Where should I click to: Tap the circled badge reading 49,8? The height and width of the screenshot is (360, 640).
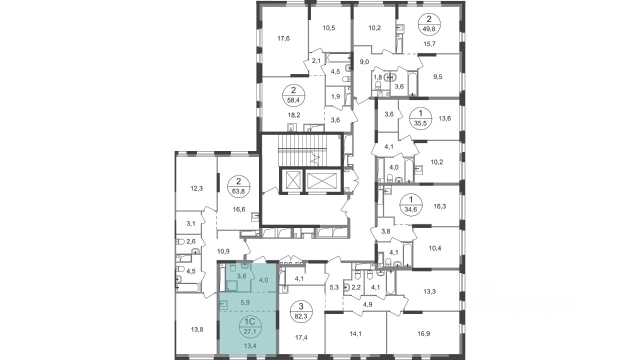(x=429, y=24)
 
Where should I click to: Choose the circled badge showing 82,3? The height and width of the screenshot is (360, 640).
(x=301, y=312)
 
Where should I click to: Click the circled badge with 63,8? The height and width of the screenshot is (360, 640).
(x=238, y=186)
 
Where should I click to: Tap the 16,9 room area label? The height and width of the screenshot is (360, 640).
(x=423, y=333)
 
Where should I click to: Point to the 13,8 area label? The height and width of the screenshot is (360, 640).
(x=197, y=329)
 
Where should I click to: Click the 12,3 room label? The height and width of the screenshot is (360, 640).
(x=196, y=188)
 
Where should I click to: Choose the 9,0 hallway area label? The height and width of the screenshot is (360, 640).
(x=364, y=62)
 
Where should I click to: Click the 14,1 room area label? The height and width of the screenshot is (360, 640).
(x=355, y=333)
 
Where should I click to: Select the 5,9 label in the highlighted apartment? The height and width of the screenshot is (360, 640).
(x=245, y=302)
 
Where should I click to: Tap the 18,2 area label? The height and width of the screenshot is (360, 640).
(x=294, y=115)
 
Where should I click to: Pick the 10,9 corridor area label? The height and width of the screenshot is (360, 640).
(x=223, y=251)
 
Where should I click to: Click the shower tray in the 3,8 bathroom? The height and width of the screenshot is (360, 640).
(x=231, y=285)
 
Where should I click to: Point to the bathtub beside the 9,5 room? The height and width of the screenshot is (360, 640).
(x=413, y=83)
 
